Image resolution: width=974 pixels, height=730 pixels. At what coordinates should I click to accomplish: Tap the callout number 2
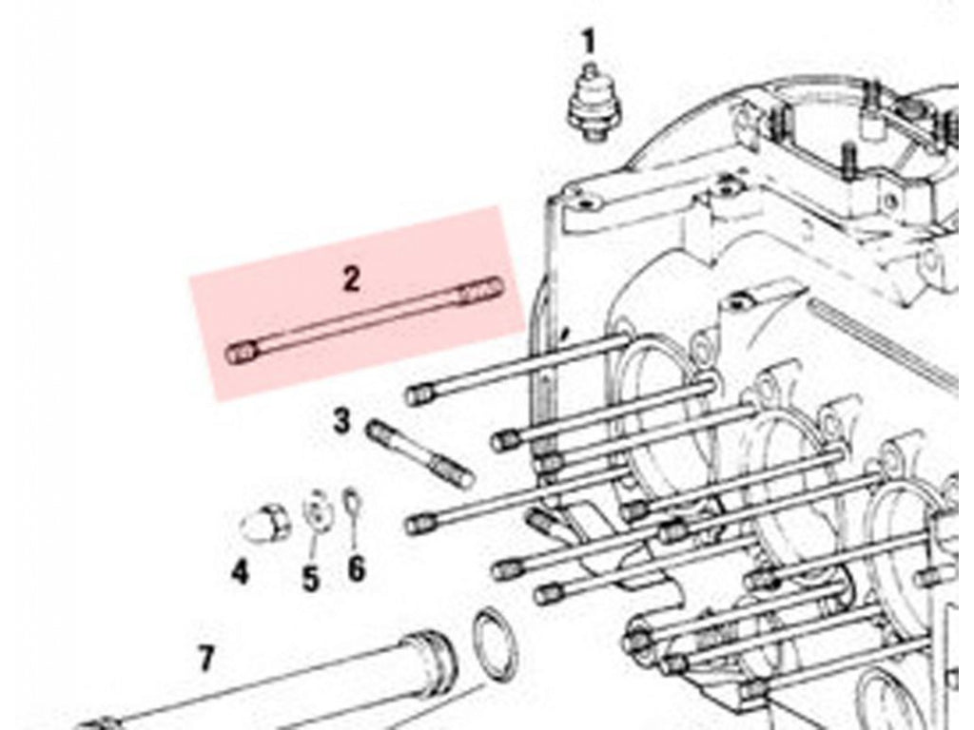pyautogui.click(x=352, y=279)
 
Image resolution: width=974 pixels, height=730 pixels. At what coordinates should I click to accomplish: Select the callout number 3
pyautogui.click(x=342, y=421)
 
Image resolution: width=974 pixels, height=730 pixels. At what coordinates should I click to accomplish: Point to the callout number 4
pyautogui.click(x=241, y=570)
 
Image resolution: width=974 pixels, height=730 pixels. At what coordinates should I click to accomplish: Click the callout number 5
pyautogui.click(x=311, y=579)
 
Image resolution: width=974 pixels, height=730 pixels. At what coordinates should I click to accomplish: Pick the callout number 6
pyautogui.click(x=356, y=568)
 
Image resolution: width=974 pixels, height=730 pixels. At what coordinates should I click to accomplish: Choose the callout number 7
pyautogui.click(x=206, y=659)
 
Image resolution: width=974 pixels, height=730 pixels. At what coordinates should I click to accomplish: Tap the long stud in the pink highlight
pyautogui.click(x=364, y=319)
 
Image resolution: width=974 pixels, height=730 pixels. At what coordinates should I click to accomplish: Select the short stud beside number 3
pyautogui.click(x=421, y=453)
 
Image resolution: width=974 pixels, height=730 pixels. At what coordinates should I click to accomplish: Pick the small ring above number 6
pyautogui.click(x=351, y=501)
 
